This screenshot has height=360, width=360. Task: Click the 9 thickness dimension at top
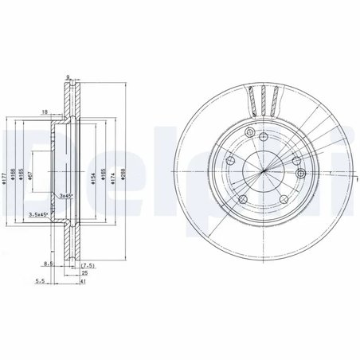pyautogui.click(x=68, y=76)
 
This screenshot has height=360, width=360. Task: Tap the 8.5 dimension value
pyautogui.click(x=49, y=262)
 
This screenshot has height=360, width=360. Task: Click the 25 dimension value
pyautogui.click(x=82, y=272)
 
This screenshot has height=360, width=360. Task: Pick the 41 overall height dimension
pyautogui.click(x=82, y=281)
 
